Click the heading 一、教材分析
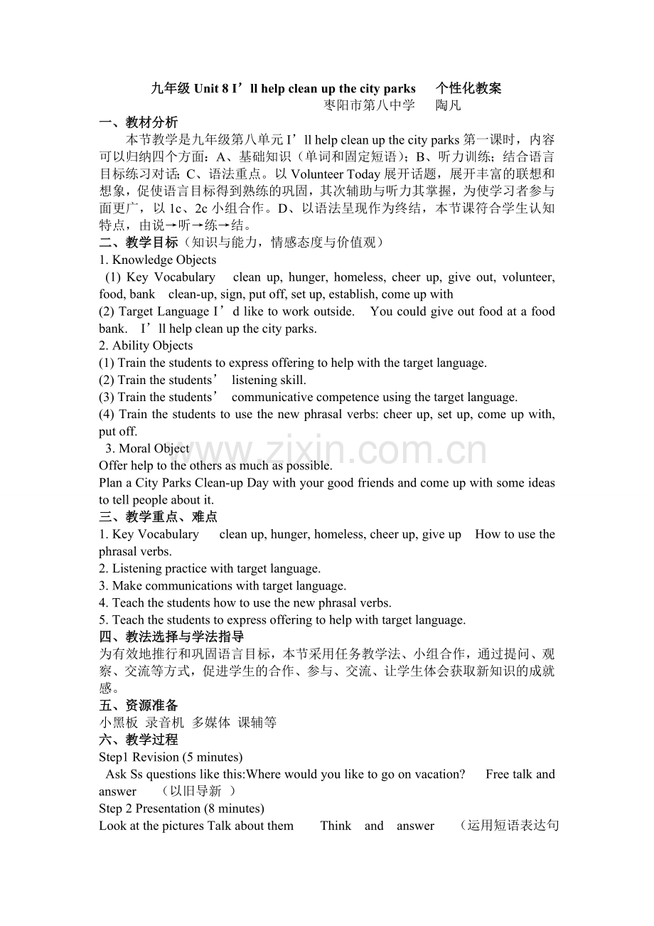coord(139,122)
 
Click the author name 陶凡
coord(448,106)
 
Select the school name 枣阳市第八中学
coord(369,106)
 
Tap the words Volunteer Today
coord(336,174)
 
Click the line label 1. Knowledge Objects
coord(158,260)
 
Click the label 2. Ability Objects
coord(146,346)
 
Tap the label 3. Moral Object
coord(147,448)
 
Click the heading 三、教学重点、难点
coord(159,517)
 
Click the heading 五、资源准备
coord(139,706)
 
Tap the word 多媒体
coord(211,723)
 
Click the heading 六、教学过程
coord(139,740)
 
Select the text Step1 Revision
coord(139,757)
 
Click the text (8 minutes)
coord(234,809)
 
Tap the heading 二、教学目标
coord(139,243)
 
